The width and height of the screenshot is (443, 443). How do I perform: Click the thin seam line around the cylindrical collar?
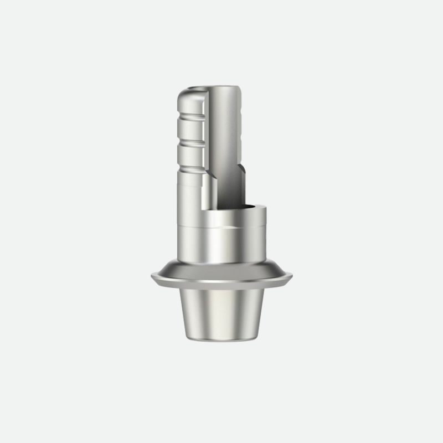221,228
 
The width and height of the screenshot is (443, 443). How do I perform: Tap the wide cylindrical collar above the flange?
221,244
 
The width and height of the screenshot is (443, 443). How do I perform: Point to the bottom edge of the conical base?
221,339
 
